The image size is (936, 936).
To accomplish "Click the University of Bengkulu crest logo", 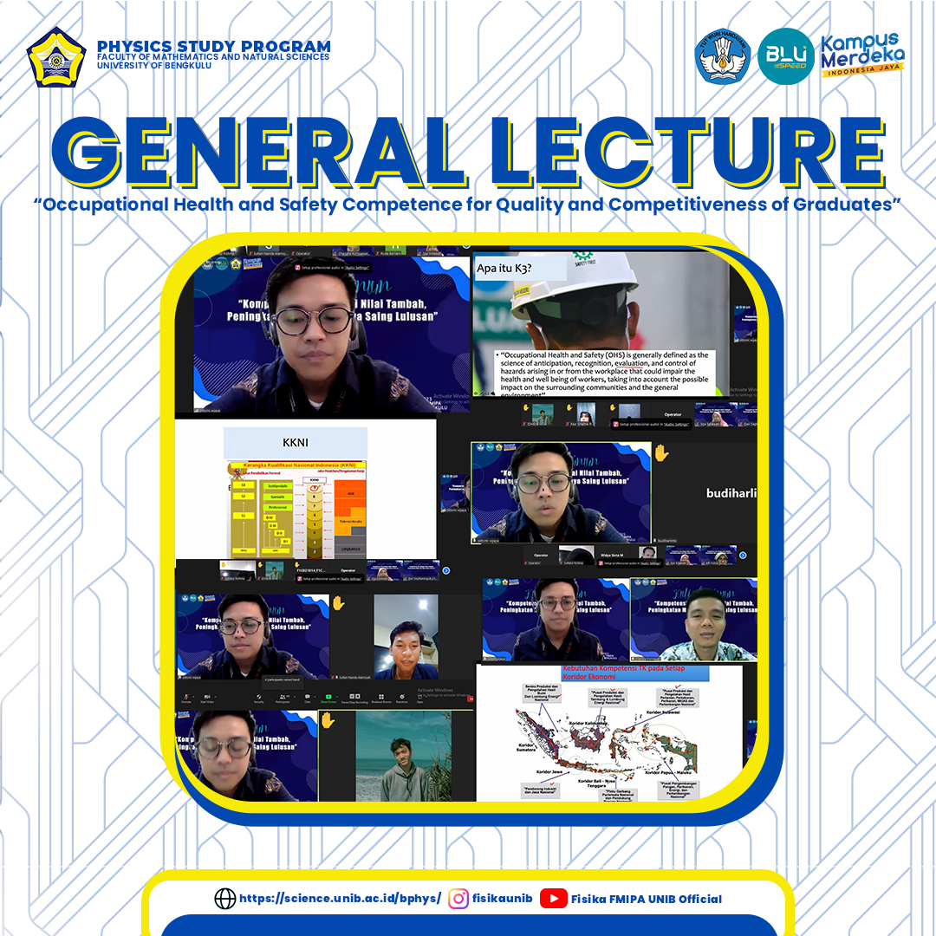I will coord(56,58).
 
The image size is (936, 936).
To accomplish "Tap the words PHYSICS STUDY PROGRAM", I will coord(213,47).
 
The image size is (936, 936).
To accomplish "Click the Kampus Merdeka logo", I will coord(861,55).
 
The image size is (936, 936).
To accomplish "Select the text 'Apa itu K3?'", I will coord(506,269).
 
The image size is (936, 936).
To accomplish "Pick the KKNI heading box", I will coord(295,442).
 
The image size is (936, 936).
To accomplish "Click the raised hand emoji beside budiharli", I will coord(661,452).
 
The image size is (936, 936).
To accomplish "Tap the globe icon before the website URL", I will coord(224,899).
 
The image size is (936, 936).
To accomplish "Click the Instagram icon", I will coord(458,899).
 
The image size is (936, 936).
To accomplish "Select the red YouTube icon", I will coord(553,899).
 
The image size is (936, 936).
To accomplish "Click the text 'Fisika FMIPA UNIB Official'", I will coord(646,899).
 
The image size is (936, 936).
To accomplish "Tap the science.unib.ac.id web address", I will coord(340,899).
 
